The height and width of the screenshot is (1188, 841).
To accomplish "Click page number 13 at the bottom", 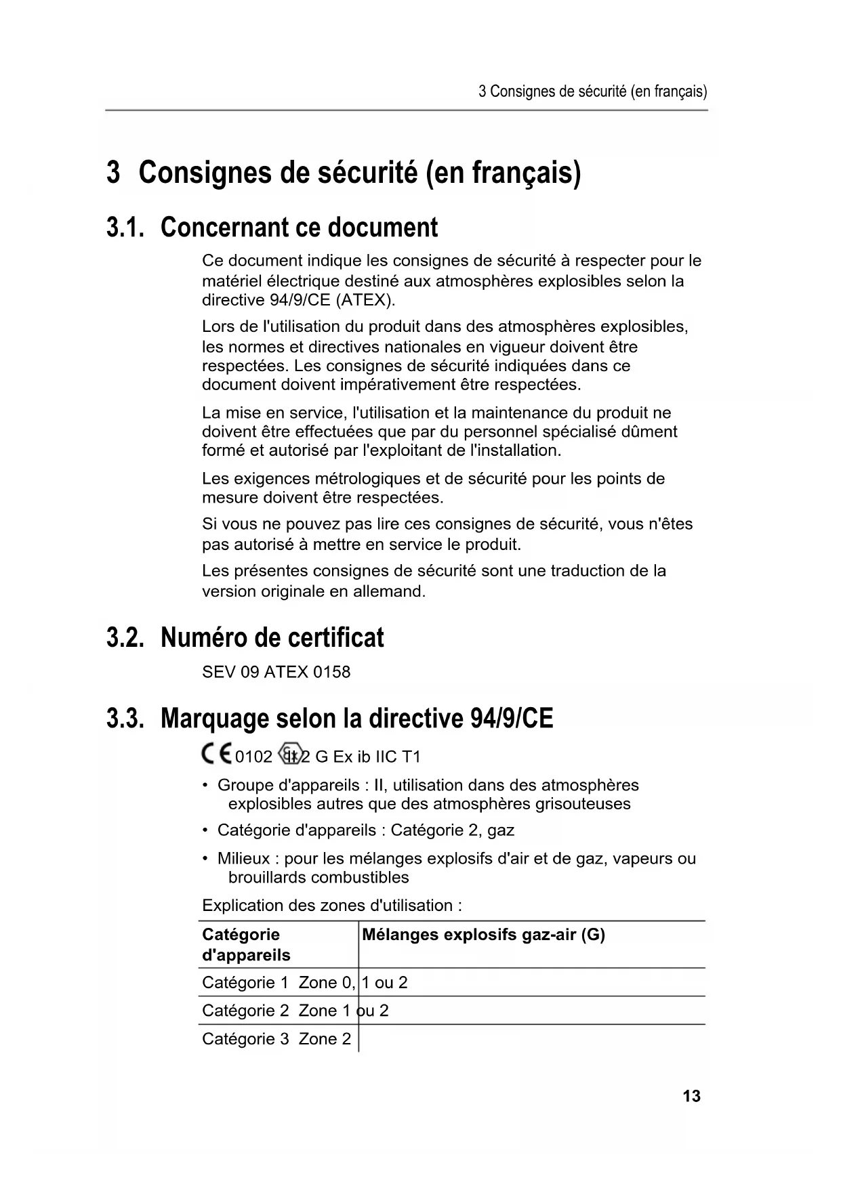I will point(691,1097).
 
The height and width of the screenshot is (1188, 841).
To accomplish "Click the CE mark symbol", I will point(216,755).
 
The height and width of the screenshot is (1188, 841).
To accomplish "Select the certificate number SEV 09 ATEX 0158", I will point(276,672).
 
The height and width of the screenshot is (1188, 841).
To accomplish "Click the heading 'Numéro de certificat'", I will point(272,637).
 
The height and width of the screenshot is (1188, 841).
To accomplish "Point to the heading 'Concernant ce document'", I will point(299,227).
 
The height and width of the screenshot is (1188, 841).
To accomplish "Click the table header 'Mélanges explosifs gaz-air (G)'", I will point(483,935).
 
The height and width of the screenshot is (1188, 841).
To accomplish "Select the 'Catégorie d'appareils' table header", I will point(246,945).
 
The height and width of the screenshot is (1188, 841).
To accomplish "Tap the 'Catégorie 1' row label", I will point(245,983).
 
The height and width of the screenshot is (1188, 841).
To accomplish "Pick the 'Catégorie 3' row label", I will point(245,1039).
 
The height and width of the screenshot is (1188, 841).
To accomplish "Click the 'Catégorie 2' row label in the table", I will point(245,1011).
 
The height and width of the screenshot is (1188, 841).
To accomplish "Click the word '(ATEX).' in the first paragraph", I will point(365,300).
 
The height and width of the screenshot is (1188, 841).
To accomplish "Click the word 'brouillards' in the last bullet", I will point(267,877).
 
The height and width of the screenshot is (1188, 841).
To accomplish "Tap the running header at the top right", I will point(592,91).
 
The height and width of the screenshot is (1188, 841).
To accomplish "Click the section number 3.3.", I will point(125,719).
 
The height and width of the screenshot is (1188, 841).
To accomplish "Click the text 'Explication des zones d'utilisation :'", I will point(332,906).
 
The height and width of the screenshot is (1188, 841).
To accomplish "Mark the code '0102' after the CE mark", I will point(253,757).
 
